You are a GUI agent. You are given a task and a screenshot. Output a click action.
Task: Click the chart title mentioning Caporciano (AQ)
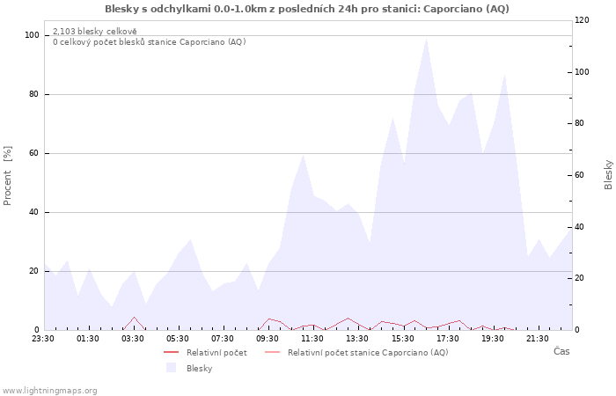tap(307, 9)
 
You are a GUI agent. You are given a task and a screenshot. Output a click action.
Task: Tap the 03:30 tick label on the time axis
tap(133, 339)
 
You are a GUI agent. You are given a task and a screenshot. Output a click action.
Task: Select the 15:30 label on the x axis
tap(403, 339)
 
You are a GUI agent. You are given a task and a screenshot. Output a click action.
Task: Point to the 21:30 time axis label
tap(538, 339)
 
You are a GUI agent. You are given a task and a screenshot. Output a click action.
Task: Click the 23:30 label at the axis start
tap(43, 339)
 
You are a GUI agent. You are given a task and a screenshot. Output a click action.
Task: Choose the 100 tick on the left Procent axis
tap(33, 35)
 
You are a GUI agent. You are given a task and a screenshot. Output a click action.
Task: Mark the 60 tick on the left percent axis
tap(34, 153)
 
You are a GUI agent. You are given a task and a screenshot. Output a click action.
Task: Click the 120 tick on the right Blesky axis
tap(583, 20)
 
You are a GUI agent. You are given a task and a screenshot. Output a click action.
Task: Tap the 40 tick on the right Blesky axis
tap(579, 227)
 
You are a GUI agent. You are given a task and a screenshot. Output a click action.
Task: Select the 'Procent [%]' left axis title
tap(7, 176)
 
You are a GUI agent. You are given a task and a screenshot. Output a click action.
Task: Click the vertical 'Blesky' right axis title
tap(608, 175)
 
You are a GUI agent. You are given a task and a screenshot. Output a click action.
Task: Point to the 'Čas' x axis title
tap(561, 351)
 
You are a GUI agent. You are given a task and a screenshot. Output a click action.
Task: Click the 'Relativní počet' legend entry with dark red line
tap(205, 353)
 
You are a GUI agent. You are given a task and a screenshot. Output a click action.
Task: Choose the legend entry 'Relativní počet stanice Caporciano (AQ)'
tap(356, 353)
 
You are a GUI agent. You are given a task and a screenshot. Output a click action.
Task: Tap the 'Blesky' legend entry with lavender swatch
tap(189, 368)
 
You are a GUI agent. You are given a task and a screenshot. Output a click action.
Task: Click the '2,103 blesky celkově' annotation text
tap(95, 32)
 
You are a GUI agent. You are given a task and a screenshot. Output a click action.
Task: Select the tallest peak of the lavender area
tap(426, 38)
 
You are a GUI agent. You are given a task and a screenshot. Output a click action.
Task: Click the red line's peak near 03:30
tap(135, 317)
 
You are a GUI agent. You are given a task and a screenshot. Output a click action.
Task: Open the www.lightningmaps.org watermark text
tap(49, 391)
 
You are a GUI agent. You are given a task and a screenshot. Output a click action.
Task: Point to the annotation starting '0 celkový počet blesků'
tap(150, 41)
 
